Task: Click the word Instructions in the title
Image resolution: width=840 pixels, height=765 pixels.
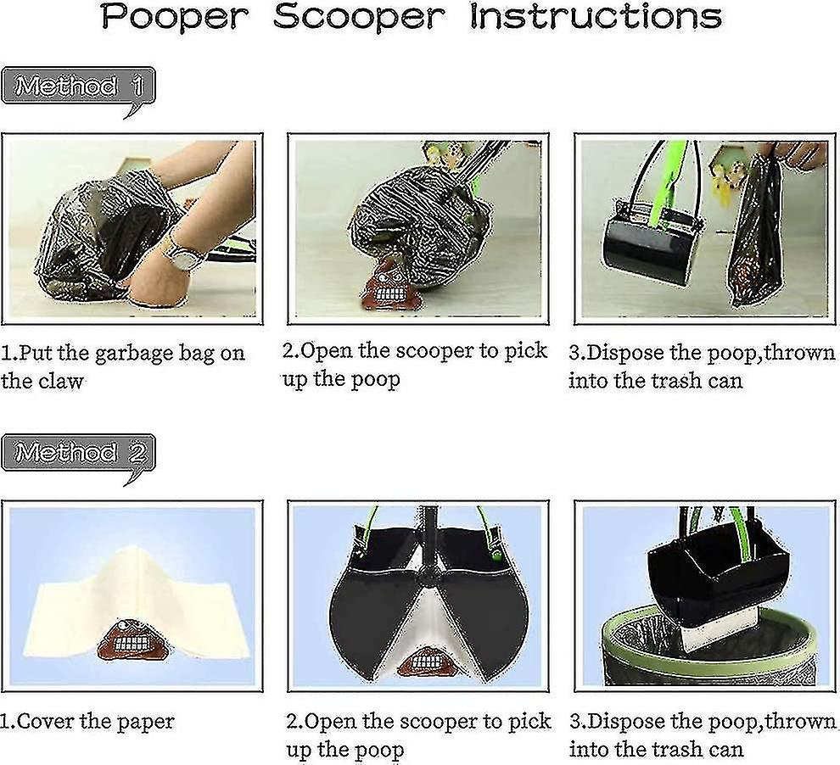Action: click(x=595, y=18)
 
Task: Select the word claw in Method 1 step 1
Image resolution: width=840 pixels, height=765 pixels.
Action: click(x=60, y=381)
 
